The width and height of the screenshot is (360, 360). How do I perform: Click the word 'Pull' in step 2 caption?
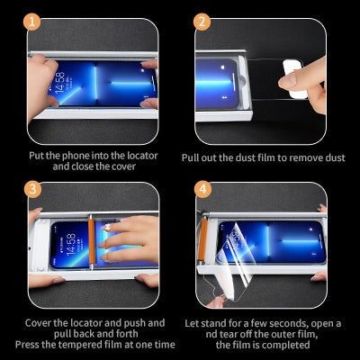pyautogui.click(x=193, y=157)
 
